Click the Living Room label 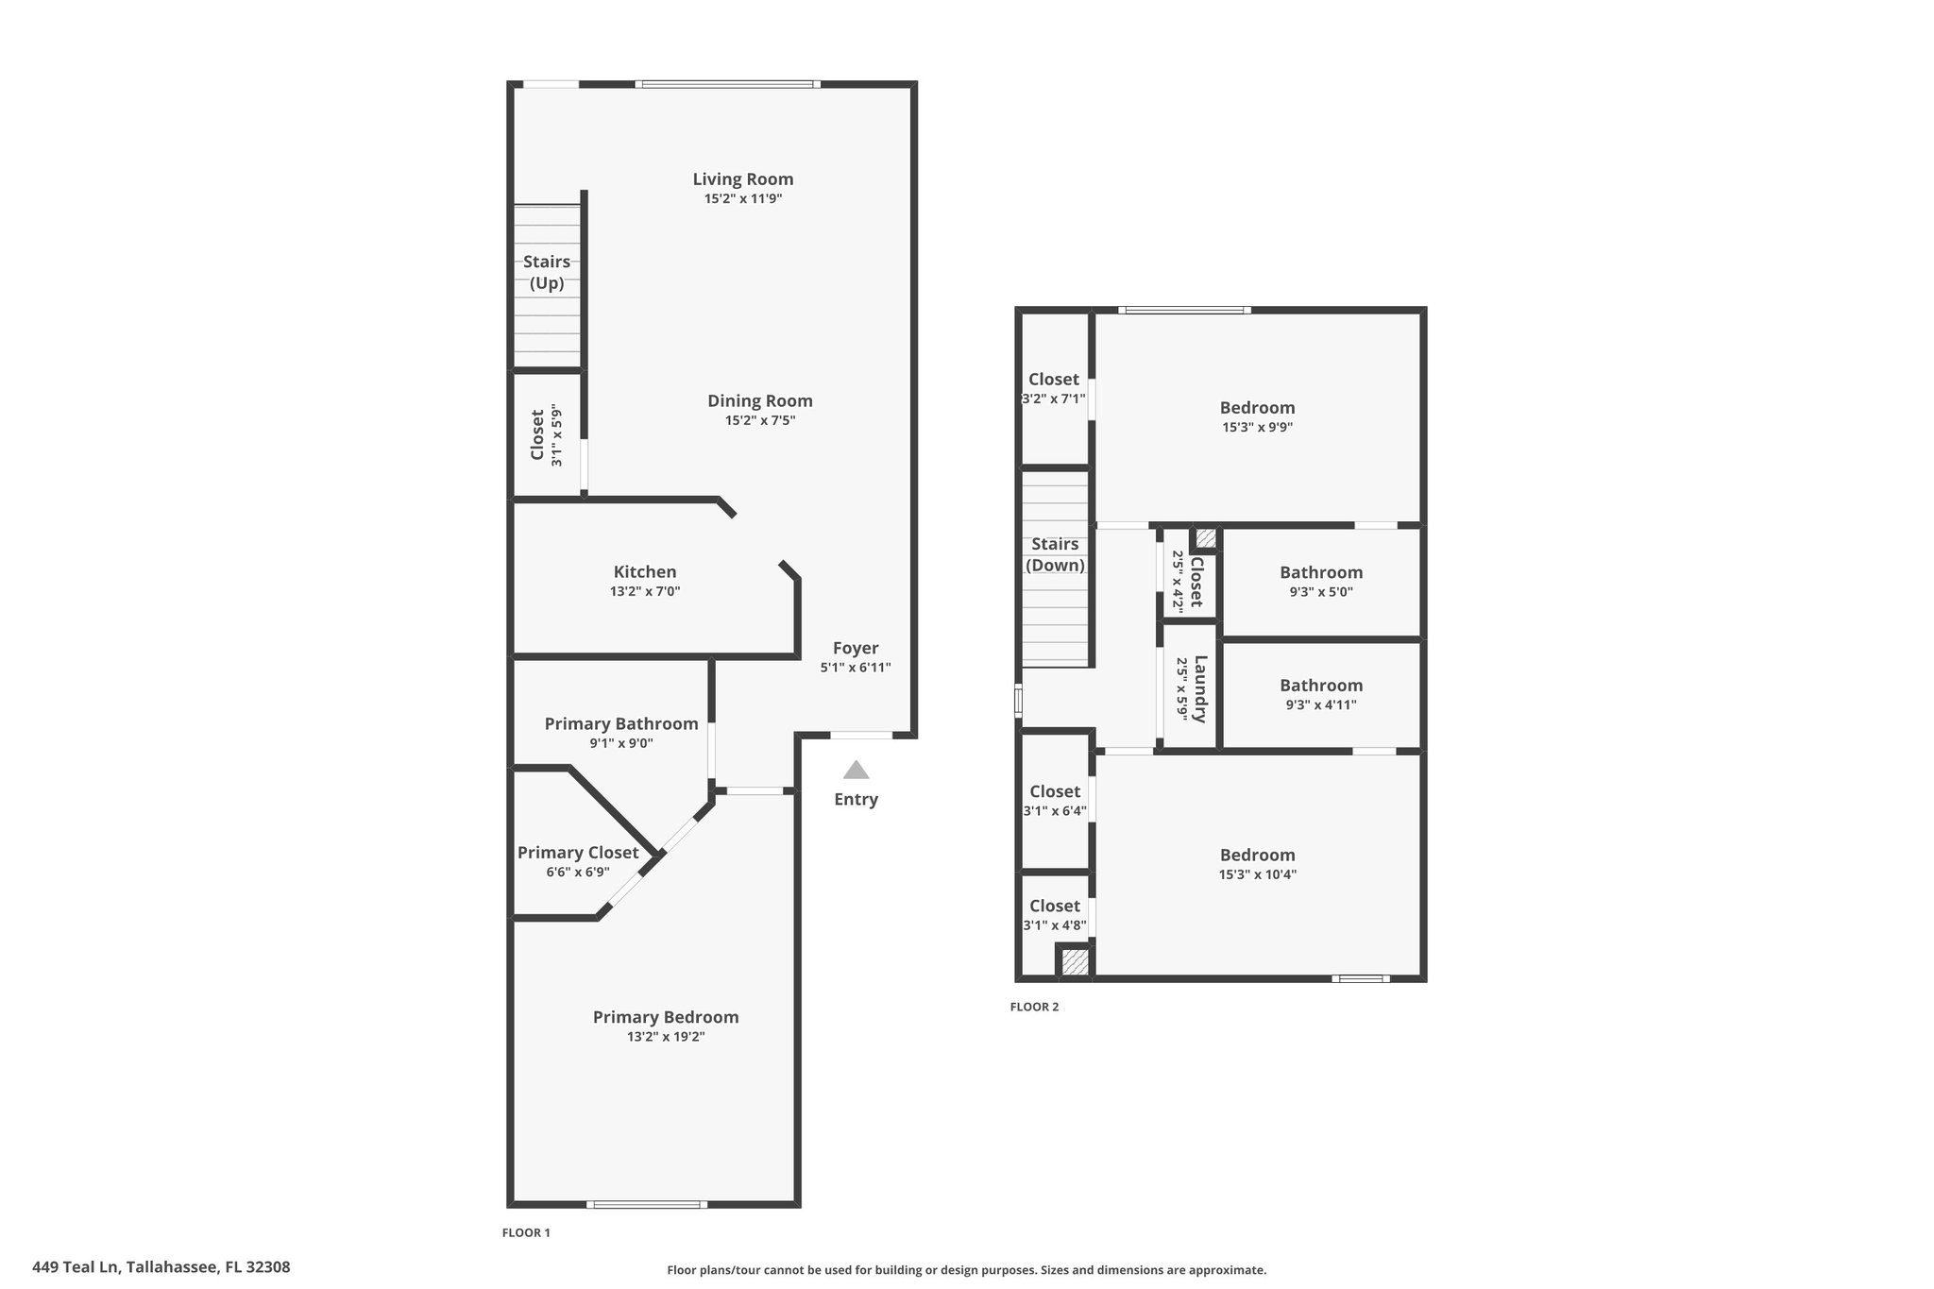coord(743,179)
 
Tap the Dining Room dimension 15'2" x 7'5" coord(760,420)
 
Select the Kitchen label coord(645,571)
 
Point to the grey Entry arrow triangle coord(856,770)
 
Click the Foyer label coord(856,648)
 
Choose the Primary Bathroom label coord(621,723)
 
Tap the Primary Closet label coord(578,853)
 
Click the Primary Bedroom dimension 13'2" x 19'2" coord(666,1036)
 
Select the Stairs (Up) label coord(547,272)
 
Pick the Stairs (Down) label coord(1055,554)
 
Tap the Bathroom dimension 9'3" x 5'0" coord(1321,592)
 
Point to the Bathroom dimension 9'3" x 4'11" coord(1321,704)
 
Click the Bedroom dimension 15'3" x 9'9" coord(1257,427)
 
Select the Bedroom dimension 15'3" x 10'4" coord(1257,874)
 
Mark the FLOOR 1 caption coord(526,1232)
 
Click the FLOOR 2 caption coord(1034,1007)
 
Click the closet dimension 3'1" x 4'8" coord(1055,925)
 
